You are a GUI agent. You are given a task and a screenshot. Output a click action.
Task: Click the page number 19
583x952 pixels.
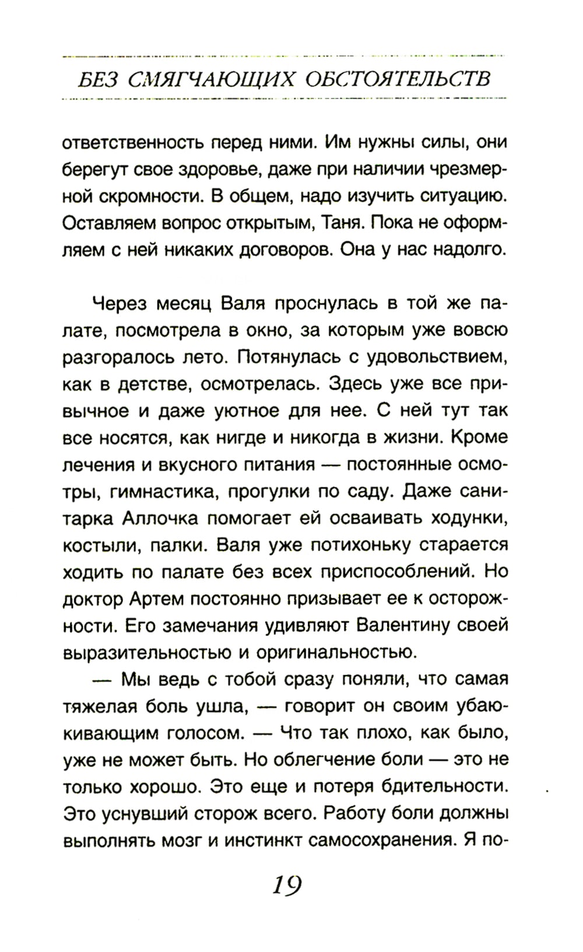pos(286,886)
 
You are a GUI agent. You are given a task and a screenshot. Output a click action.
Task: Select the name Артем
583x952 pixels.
pos(155,599)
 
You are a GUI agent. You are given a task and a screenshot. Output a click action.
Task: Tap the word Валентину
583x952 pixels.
pos(403,626)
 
